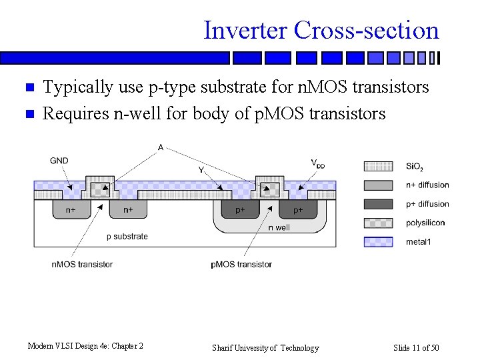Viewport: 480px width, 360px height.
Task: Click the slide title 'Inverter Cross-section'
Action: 321,31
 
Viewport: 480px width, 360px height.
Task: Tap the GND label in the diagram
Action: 59,161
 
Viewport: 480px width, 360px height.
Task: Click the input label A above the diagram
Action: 161,147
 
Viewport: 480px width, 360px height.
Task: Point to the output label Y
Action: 201,170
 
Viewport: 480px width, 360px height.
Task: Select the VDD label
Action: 318,163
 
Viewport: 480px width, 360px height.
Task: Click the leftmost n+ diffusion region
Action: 70,209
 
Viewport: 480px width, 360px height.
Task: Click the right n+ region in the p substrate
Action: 128,209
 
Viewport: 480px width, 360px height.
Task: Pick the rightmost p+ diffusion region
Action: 298,209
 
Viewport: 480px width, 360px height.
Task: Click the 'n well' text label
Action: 279,227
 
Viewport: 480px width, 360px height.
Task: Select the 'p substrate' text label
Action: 127,237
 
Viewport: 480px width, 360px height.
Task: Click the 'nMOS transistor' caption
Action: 82,264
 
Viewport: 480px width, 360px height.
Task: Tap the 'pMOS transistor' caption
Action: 241,264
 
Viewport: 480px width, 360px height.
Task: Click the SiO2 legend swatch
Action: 378,166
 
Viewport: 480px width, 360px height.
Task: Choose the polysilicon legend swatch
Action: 378,223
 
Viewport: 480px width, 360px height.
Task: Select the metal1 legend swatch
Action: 378,241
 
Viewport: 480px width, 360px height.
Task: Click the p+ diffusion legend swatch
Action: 378,204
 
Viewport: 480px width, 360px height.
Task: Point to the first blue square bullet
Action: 28,88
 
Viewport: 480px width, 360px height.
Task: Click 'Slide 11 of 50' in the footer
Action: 416,348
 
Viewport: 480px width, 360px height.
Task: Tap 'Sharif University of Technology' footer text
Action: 265,348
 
